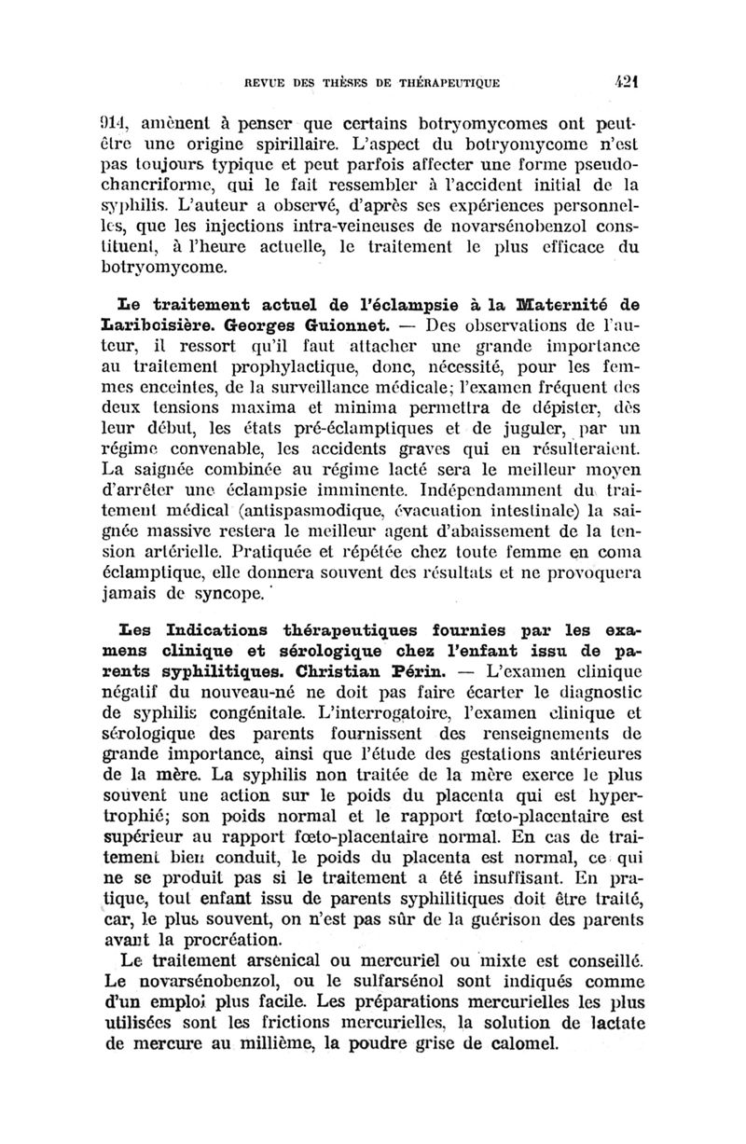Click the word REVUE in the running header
coord(265,83)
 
